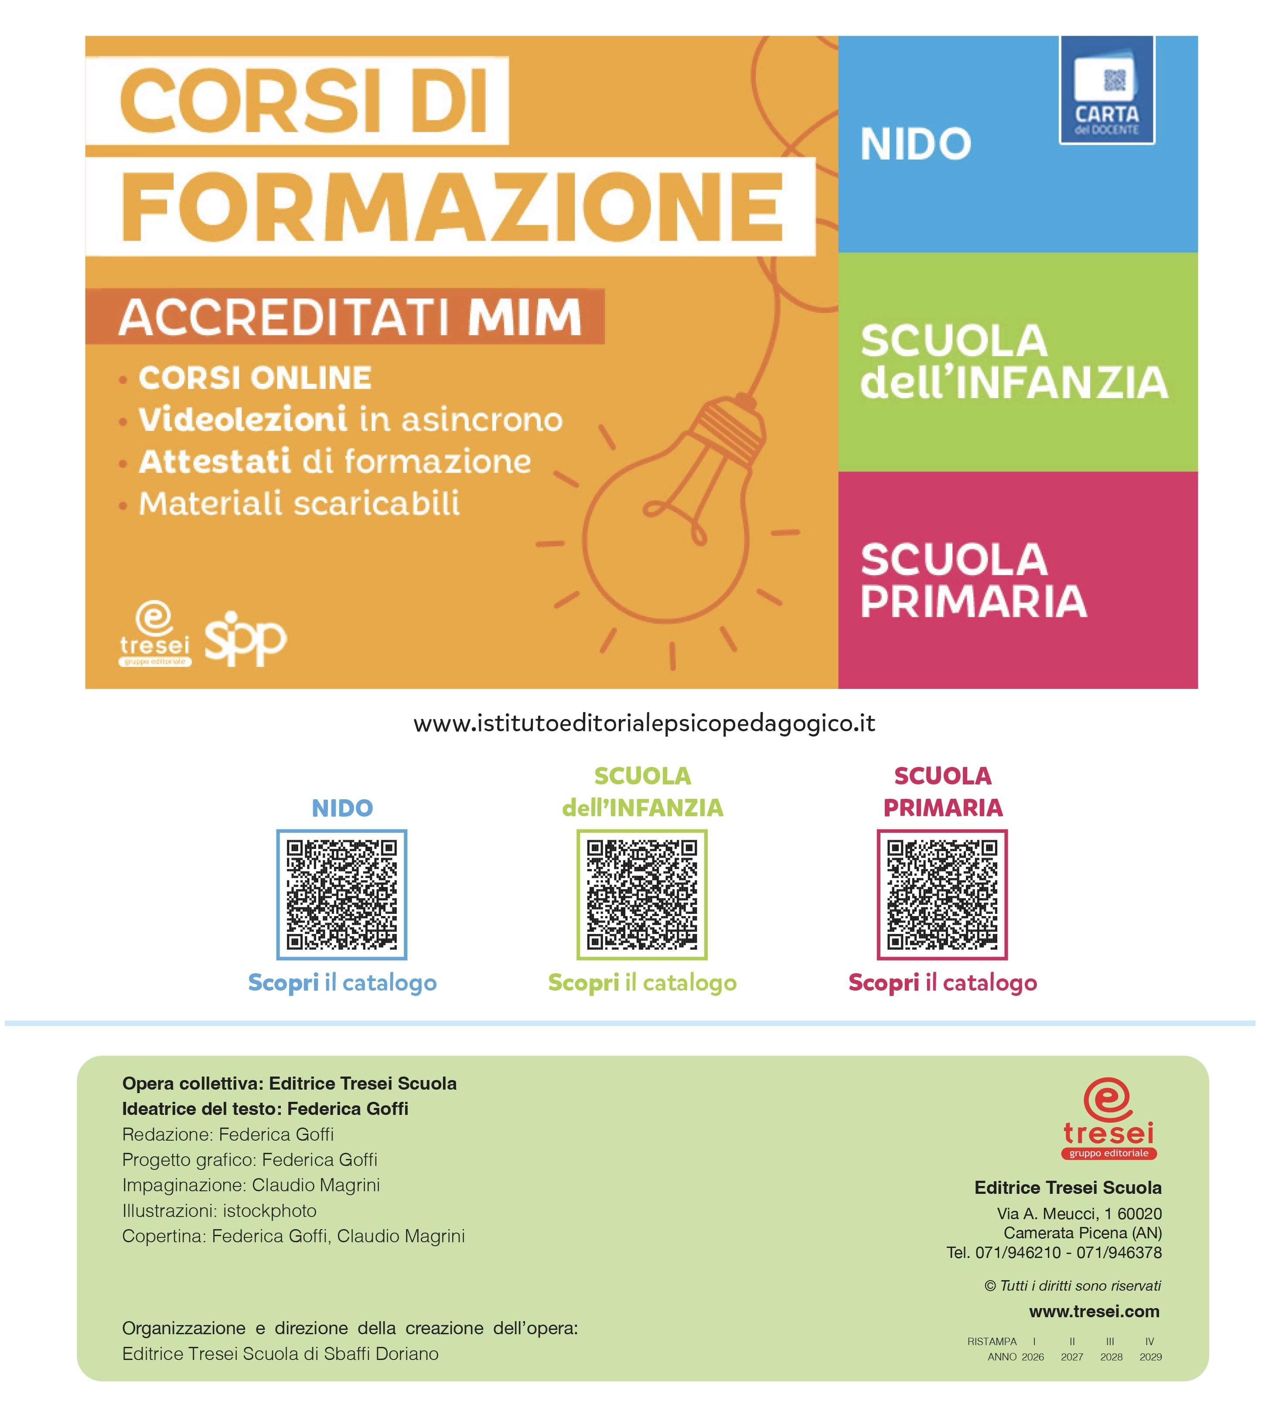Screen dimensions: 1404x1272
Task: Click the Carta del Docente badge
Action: point(1106,91)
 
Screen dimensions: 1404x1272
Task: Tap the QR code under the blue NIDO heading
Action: point(341,894)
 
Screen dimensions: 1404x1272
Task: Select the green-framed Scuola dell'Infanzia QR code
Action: point(641,894)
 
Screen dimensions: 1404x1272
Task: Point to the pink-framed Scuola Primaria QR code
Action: point(942,894)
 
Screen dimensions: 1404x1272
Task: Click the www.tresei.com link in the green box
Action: point(1094,1312)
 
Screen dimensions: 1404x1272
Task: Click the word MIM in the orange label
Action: point(524,317)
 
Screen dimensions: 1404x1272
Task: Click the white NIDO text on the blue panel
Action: point(915,144)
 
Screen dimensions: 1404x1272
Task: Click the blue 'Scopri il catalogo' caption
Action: point(342,983)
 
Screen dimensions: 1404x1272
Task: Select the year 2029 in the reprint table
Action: point(1150,1356)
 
